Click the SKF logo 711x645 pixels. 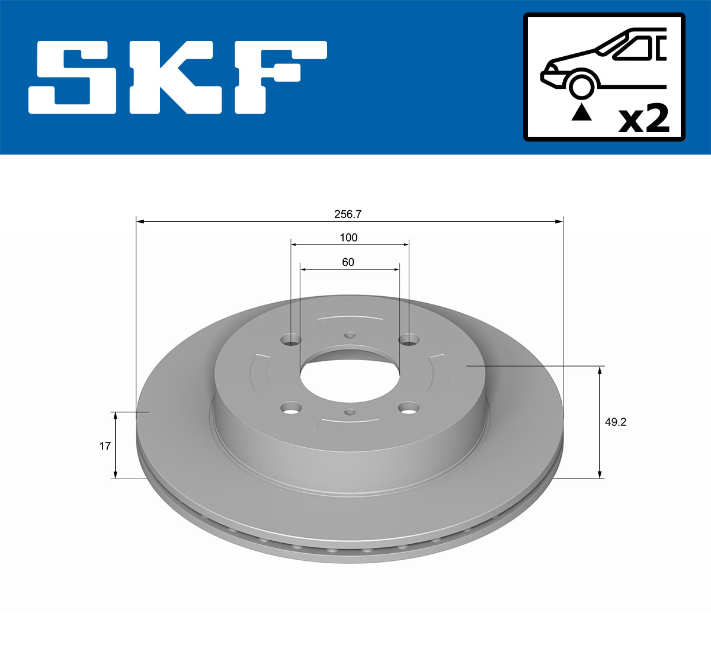click(178, 77)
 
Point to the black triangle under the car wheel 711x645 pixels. click(581, 113)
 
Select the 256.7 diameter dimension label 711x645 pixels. click(348, 214)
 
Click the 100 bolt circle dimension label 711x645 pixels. click(348, 238)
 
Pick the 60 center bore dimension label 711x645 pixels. click(348, 262)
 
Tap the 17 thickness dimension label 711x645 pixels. click(105, 446)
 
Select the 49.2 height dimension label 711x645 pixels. click(616, 422)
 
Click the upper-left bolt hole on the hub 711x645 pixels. click(290, 339)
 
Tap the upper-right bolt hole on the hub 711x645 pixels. click(409, 339)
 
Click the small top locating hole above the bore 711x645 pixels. click(350, 336)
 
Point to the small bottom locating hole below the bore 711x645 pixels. click(350, 412)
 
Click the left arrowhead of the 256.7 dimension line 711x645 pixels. click(140, 222)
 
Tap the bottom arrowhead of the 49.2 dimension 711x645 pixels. click(600, 473)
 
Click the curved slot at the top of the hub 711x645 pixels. click(350, 322)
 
